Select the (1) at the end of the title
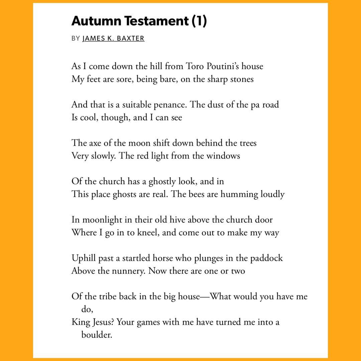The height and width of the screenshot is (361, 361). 200,21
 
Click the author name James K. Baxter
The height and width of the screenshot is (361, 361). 113,38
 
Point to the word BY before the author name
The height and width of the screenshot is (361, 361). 76,38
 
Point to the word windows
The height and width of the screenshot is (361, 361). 223,156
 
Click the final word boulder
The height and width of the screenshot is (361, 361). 96,335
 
